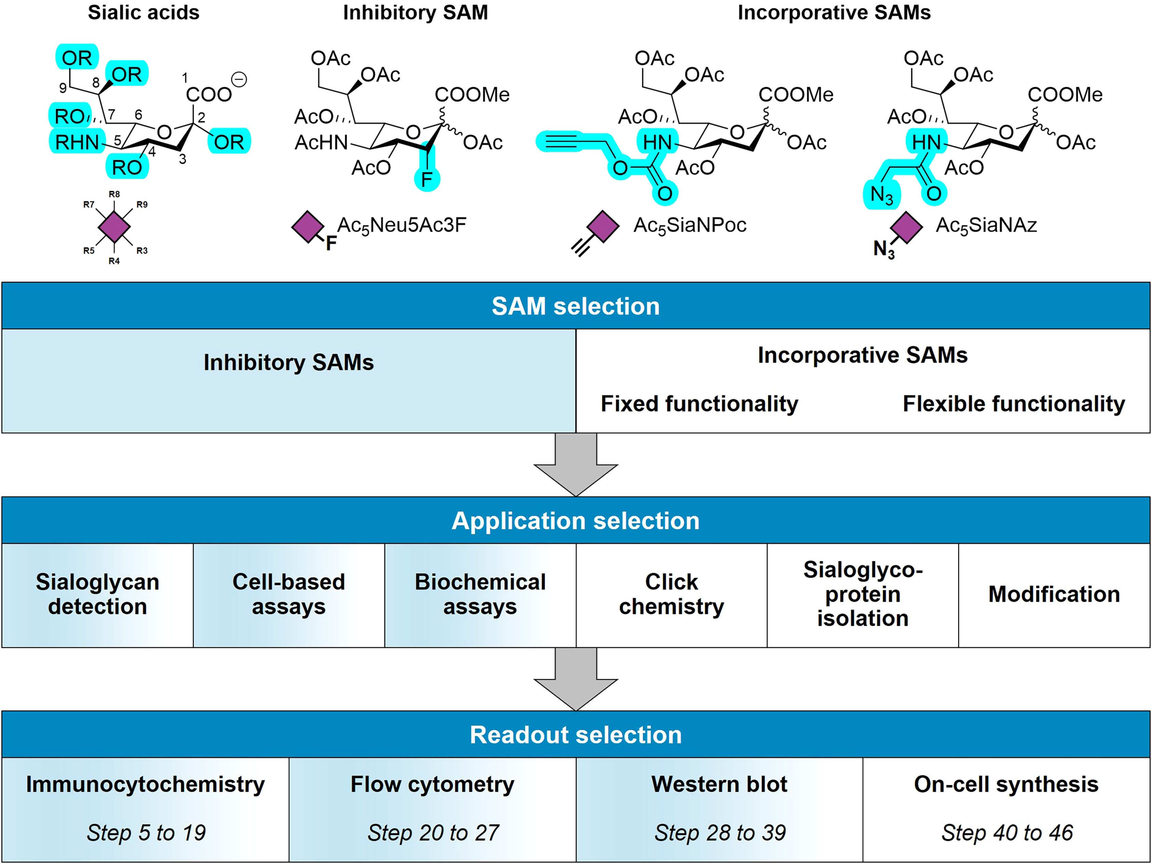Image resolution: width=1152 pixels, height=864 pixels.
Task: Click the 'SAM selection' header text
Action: click(x=575, y=306)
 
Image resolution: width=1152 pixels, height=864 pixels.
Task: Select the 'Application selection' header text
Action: click(x=575, y=521)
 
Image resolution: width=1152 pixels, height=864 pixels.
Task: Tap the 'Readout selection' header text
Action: click(x=575, y=735)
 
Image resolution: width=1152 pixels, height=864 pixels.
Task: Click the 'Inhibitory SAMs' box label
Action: click(x=288, y=363)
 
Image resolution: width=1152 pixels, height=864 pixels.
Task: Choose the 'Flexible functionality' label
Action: click(x=1014, y=404)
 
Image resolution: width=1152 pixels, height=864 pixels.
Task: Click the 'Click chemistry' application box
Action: click(x=671, y=594)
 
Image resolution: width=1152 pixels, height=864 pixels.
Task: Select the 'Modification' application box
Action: click(x=1054, y=594)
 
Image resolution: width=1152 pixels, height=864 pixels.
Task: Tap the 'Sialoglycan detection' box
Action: click(x=97, y=594)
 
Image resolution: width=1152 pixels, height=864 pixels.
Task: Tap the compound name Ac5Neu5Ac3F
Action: click(x=402, y=226)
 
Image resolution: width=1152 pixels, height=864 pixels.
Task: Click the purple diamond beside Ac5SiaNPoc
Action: click(x=602, y=227)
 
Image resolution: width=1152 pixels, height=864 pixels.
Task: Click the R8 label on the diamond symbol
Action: click(x=114, y=194)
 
